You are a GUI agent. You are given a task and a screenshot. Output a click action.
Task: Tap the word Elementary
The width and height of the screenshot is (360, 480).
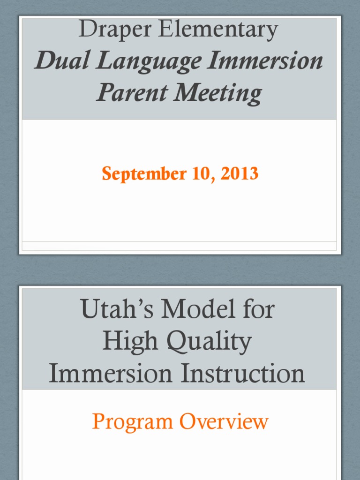pyautogui.click(x=218, y=30)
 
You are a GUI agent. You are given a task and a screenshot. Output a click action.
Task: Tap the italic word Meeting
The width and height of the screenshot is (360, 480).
pyautogui.click(x=218, y=93)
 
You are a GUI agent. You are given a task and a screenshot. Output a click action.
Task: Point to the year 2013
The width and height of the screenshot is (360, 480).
pyautogui.click(x=240, y=174)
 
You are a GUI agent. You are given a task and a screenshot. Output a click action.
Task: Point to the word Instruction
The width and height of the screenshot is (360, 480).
pyautogui.click(x=243, y=374)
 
